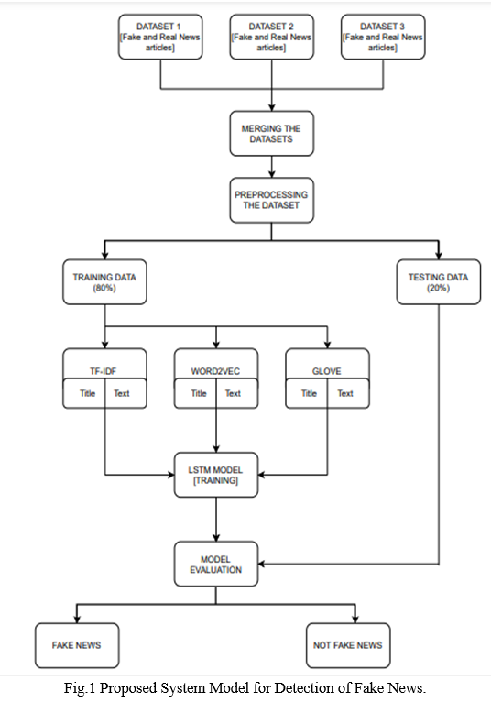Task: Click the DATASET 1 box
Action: click(160, 37)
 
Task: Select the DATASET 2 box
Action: click(272, 37)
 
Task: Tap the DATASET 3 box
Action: click(383, 37)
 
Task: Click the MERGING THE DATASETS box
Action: click(272, 134)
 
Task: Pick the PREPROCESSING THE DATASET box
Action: click(272, 200)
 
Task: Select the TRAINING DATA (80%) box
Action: click(104, 282)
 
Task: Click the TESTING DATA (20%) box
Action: click(439, 282)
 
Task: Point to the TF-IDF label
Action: click(103, 371)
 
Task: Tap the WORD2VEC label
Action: click(215, 371)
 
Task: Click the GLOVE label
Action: click(327, 371)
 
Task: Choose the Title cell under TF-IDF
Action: click(84, 393)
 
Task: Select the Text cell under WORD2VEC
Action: click(237, 393)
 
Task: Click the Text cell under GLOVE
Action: click(349, 393)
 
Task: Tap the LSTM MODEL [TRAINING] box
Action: click(216, 475)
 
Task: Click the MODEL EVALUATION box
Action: click(216, 565)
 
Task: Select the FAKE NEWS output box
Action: click(77, 645)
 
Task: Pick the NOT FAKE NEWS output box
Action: click(348, 645)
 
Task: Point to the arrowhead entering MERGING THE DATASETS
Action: click(272, 107)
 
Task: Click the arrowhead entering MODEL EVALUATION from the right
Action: click(262, 565)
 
